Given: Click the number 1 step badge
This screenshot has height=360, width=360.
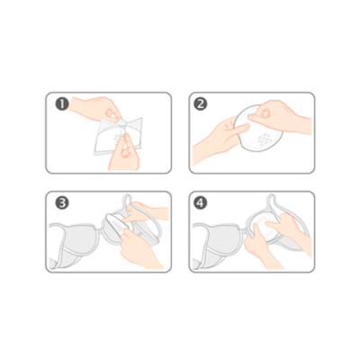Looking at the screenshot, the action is click(62, 104).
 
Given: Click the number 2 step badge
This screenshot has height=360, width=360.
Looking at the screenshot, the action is click(201, 104).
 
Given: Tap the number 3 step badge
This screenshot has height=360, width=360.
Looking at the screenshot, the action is click(62, 203).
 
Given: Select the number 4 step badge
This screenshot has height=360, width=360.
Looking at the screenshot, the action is click(201, 203).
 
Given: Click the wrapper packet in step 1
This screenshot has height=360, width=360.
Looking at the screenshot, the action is click(118, 136).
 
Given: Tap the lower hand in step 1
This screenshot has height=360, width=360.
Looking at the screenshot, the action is click(123, 153).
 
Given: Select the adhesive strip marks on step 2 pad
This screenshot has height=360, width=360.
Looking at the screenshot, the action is click(264, 139).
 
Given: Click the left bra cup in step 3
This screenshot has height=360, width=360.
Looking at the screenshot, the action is click(75, 243).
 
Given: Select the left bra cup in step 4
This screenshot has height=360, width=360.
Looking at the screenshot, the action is click(219, 243).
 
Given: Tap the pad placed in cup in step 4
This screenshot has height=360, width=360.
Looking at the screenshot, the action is click(264, 227).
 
